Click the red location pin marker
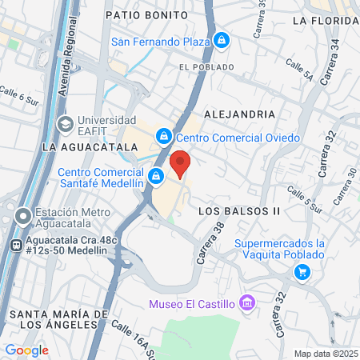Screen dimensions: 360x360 click(x=180, y=162)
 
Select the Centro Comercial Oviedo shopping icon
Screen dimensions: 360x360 click(x=164, y=138)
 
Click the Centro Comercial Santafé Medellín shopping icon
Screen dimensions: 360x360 click(x=157, y=175)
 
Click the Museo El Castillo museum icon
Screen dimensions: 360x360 click(x=246, y=303)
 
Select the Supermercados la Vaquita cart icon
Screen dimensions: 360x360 click(x=302, y=273)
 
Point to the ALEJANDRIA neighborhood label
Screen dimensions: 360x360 click(x=239, y=115)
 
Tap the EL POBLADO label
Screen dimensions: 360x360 click(x=206, y=67)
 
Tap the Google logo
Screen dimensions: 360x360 click(x=26, y=350)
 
